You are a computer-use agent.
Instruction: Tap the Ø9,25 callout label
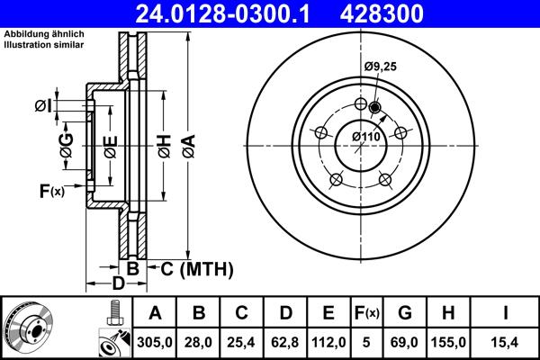pyautogui.click(x=382, y=66)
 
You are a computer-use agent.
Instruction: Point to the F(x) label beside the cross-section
pyautogui.click(x=51, y=190)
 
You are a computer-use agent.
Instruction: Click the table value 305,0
pyautogui.click(x=155, y=341)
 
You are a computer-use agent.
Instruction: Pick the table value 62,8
pyautogui.click(x=285, y=341)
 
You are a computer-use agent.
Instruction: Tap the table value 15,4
pyautogui.click(x=507, y=341)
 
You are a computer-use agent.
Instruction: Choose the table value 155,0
pyautogui.click(x=450, y=341)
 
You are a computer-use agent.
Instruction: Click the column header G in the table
pyautogui.click(x=405, y=313)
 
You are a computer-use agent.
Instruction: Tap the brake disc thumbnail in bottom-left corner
pyautogui.click(x=28, y=328)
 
